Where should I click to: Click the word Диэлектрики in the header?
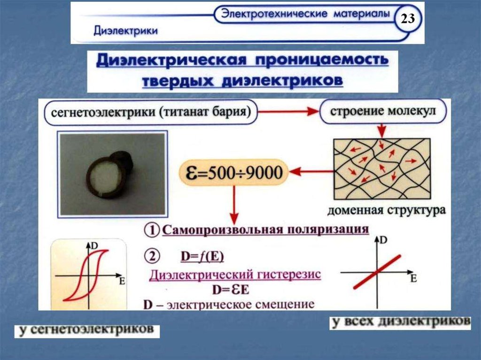pos(125,31)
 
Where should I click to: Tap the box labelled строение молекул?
pos(382,113)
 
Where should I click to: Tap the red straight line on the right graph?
pos(378,272)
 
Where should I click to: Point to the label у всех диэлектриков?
pos(400,322)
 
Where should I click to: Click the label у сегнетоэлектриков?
pos(87,330)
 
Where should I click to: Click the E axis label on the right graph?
pos(414,279)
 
